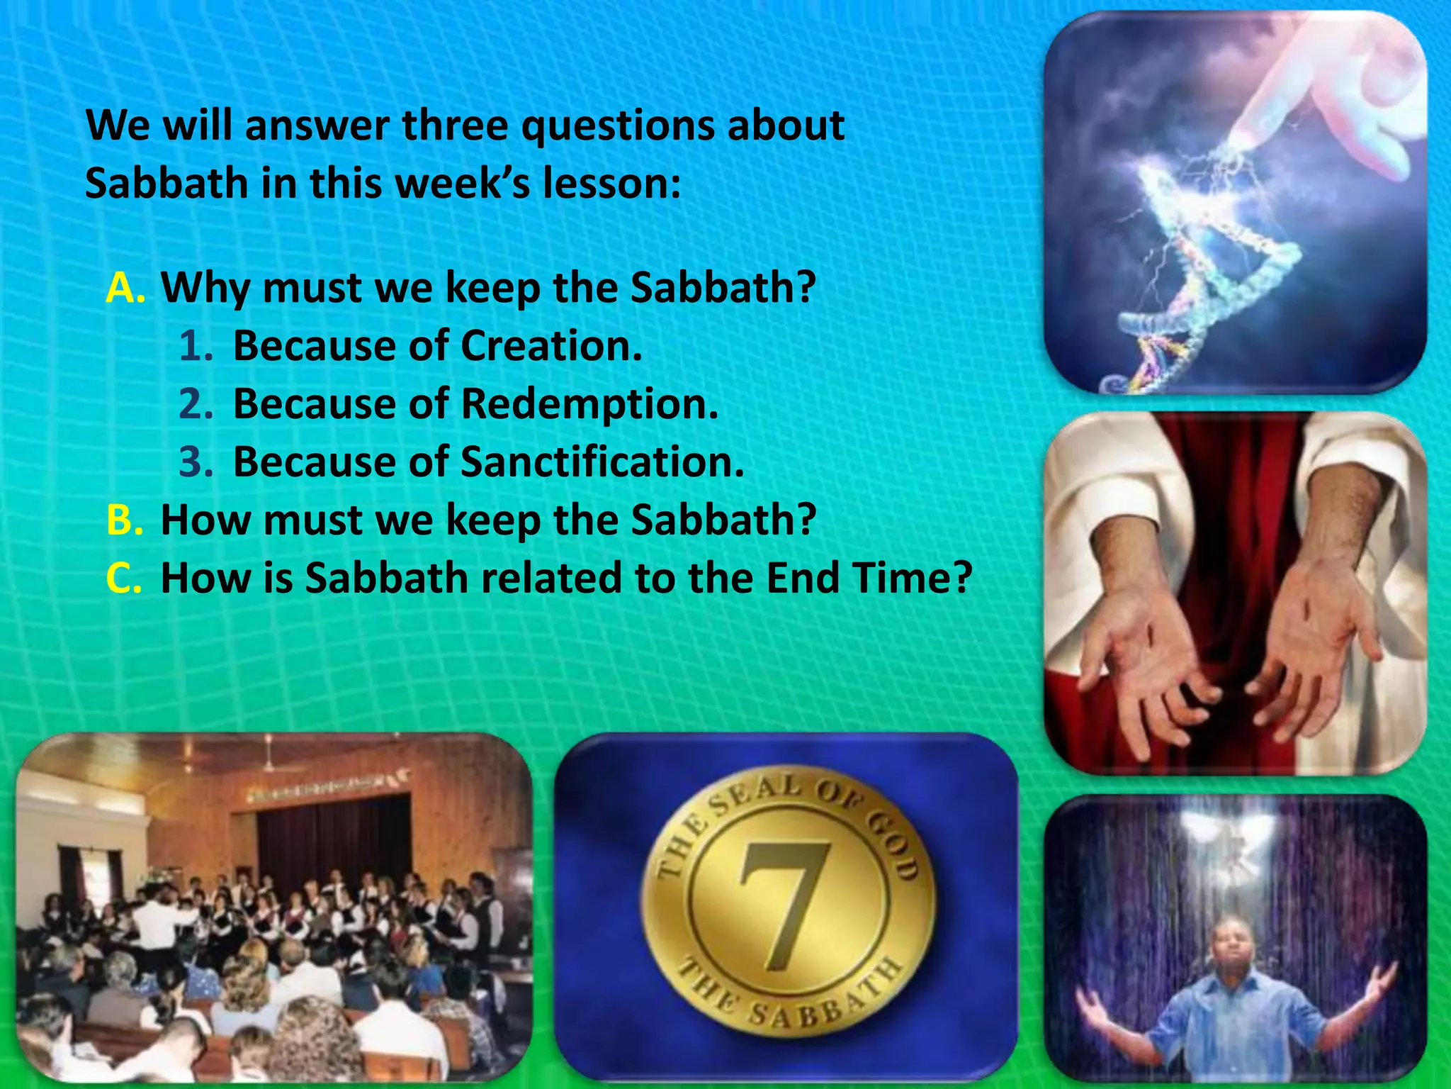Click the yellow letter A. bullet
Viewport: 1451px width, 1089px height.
[x=125, y=288]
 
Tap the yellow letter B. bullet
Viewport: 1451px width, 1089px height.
[x=125, y=520]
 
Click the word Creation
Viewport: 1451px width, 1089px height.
[x=551, y=346]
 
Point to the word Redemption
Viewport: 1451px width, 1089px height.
[x=589, y=404]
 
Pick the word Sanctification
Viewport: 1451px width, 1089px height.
[x=602, y=462]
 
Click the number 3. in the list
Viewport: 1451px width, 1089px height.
[x=196, y=462]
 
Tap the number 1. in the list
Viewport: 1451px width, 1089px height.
[x=196, y=346]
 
